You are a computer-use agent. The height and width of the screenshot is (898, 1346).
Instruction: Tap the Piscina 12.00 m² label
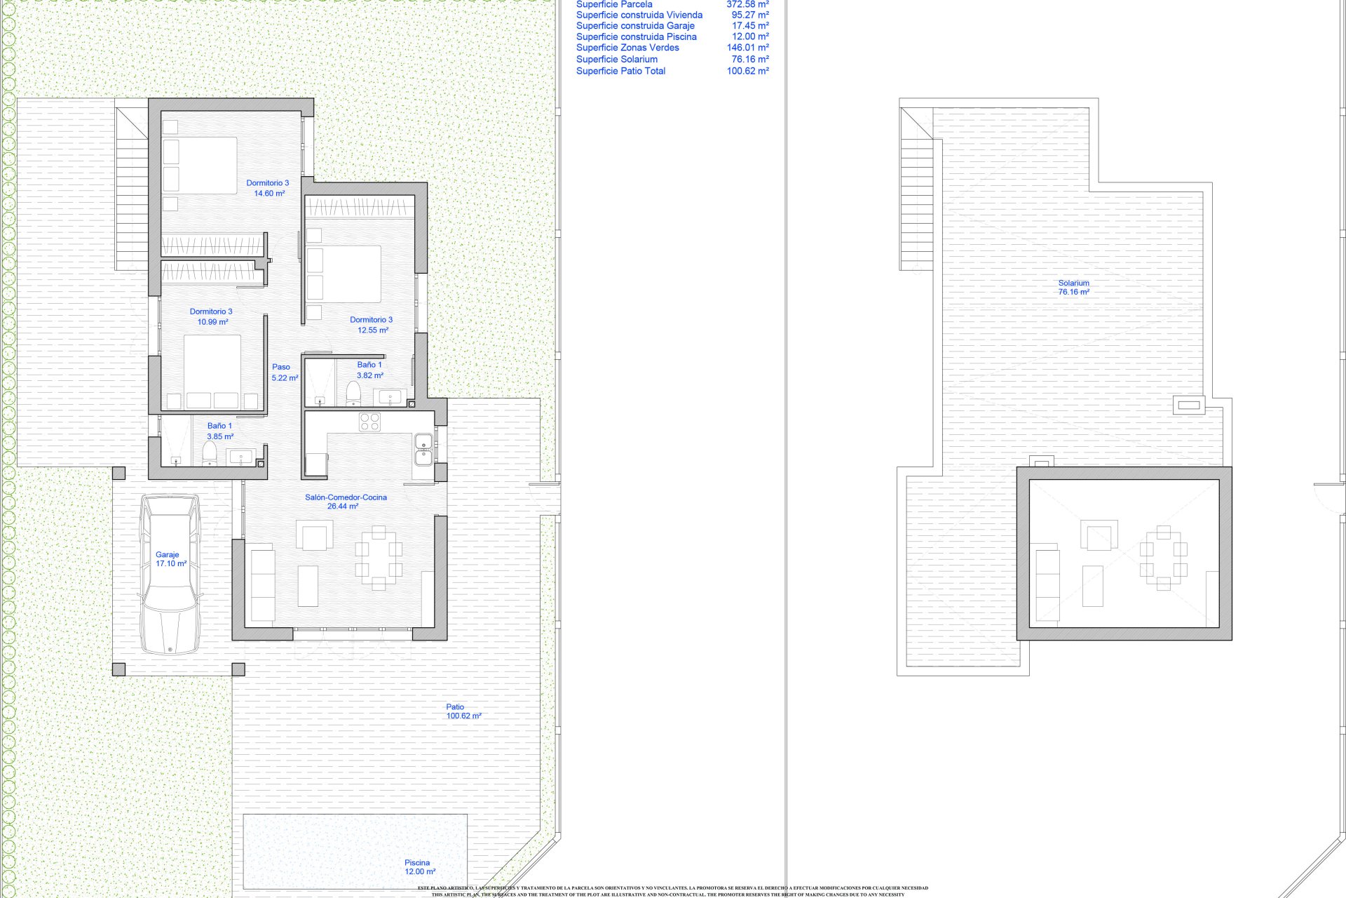[x=419, y=867]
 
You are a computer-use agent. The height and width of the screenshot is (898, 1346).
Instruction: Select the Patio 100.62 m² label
[x=463, y=711]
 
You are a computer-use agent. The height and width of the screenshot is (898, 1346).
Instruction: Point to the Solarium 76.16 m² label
[x=1073, y=288]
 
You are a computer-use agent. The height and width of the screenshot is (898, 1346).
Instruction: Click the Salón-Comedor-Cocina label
[x=345, y=502]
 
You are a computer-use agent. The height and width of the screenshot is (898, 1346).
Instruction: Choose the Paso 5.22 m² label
[x=284, y=372]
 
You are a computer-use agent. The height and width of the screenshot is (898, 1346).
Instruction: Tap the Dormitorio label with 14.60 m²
[x=267, y=188]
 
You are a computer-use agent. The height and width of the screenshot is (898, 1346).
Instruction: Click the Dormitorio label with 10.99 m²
[x=211, y=316]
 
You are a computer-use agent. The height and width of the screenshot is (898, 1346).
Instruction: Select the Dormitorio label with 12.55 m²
[x=372, y=324]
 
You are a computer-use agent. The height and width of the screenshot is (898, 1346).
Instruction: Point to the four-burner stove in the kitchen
[x=369, y=422]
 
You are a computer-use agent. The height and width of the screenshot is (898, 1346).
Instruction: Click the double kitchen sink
[x=423, y=450]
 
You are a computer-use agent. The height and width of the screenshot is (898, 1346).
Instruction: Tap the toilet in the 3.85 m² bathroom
[x=209, y=453]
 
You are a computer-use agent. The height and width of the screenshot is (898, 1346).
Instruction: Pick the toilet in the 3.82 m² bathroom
[x=353, y=394]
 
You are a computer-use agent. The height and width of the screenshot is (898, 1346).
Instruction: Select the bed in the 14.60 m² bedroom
[x=200, y=165]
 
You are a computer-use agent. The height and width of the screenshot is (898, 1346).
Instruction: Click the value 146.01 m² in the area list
[x=747, y=48]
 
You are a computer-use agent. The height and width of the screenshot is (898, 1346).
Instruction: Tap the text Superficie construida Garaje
[x=635, y=26]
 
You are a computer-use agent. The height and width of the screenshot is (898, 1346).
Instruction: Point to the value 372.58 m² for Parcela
[x=747, y=4]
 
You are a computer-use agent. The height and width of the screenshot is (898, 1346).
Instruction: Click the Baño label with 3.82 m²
[x=369, y=370]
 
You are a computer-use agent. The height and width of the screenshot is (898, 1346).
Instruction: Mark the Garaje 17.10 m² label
[x=170, y=559]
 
